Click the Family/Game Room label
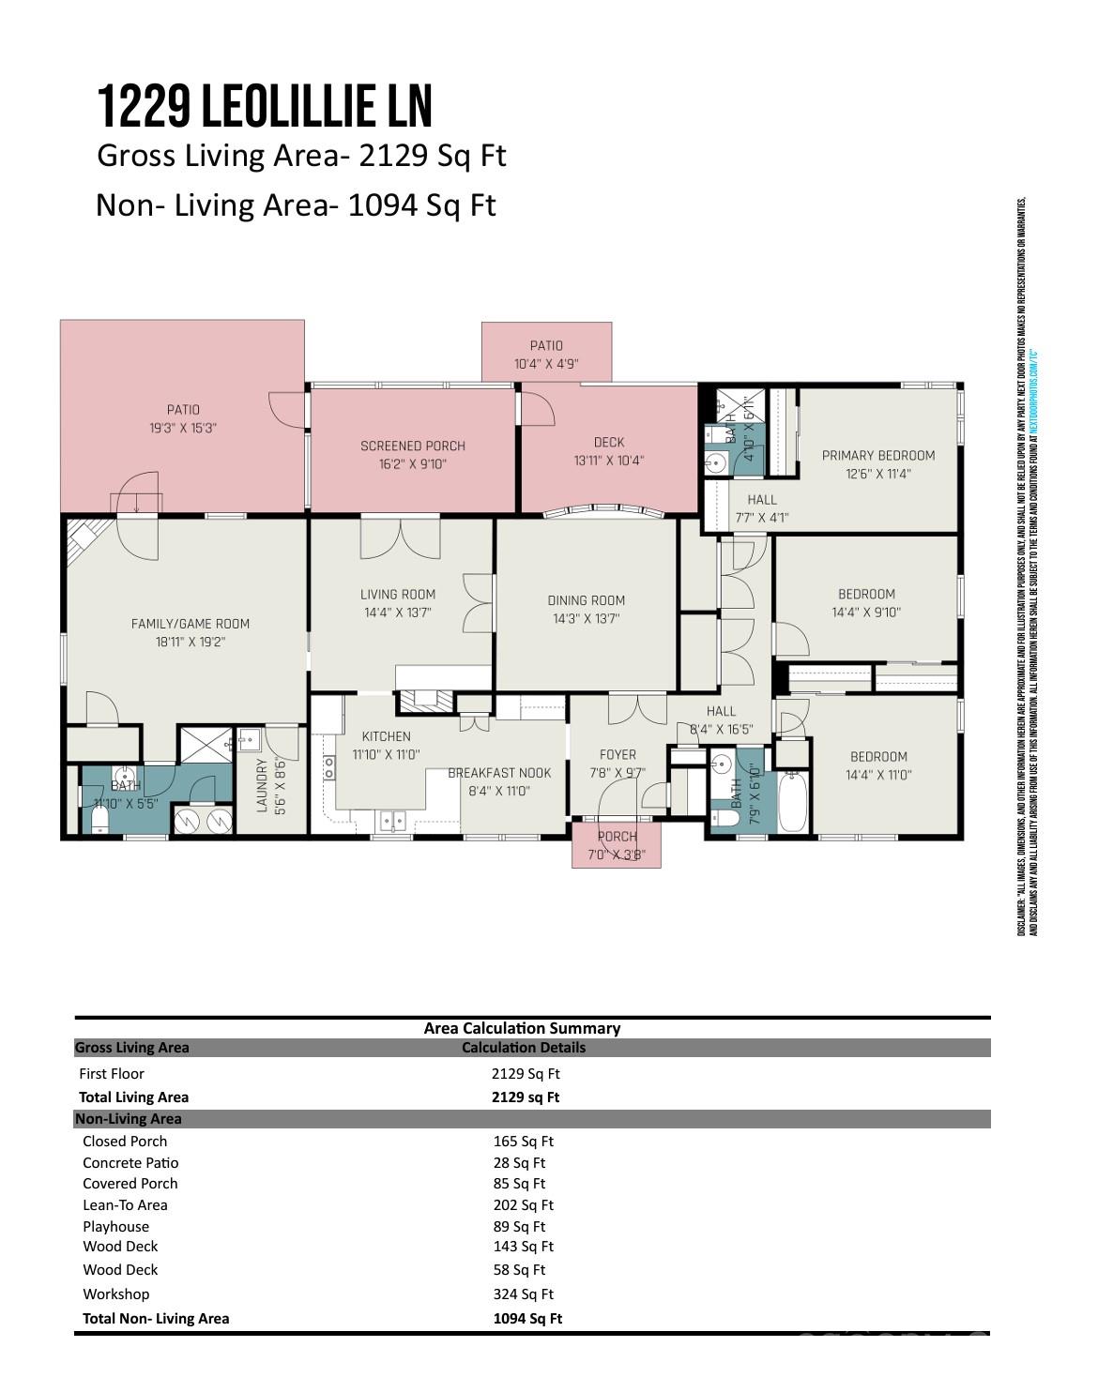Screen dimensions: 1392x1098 click(x=191, y=624)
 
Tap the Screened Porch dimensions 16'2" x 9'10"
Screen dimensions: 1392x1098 click(x=413, y=464)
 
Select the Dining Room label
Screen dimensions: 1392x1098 click(x=586, y=600)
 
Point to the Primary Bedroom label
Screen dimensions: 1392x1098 click(x=878, y=456)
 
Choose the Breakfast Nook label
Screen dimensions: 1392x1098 click(x=499, y=773)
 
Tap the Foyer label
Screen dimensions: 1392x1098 click(x=618, y=755)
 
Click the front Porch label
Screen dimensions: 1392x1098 click(x=617, y=837)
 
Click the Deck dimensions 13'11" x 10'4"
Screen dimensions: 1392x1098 click(x=609, y=461)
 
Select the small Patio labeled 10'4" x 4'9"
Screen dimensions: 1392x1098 click(x=546, y=355)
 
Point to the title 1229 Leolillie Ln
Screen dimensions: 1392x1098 click(x=265, y=106)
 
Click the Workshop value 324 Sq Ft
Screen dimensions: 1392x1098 click(x=523, y=1294)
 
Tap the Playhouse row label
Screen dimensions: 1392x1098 click(x=115, y=1227)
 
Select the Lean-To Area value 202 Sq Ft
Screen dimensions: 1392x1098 click(x=523, y=1205)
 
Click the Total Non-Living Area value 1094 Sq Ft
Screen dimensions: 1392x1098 click(x=527, y=1319)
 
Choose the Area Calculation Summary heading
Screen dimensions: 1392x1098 click(x=522, y=1028)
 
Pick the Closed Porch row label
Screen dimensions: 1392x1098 click(x=125, y=1142)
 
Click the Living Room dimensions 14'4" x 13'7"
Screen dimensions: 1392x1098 click(x=398, y=613)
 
